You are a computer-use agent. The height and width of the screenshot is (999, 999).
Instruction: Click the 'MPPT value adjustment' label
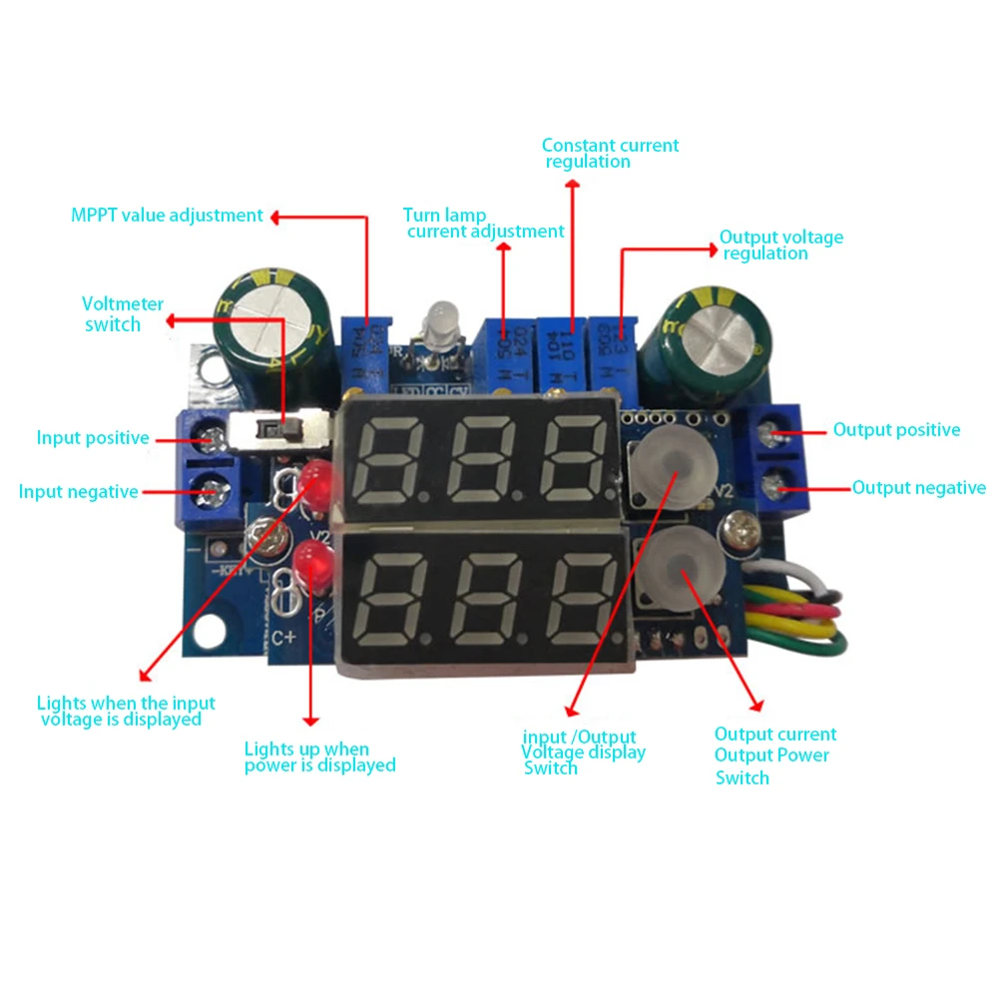(167, 216)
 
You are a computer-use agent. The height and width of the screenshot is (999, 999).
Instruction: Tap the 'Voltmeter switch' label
(123, 314)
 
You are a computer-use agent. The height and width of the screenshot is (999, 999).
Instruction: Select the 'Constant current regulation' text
(610, 153)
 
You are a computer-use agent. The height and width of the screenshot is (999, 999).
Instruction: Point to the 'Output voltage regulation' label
(780, 245)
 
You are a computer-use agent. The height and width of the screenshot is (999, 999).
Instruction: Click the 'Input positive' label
(93, 437)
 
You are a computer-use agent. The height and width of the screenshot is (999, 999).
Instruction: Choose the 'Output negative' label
(918, 488)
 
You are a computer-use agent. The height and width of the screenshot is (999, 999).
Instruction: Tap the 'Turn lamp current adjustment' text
(484, 223)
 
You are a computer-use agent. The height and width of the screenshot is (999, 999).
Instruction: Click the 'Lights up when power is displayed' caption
(319, 757)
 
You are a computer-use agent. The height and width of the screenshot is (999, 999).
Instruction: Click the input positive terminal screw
(212, 436)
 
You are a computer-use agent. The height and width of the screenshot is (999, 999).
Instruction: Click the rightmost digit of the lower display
(584, 599)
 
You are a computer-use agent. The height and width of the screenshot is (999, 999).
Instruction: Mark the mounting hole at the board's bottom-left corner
(211, 632)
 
